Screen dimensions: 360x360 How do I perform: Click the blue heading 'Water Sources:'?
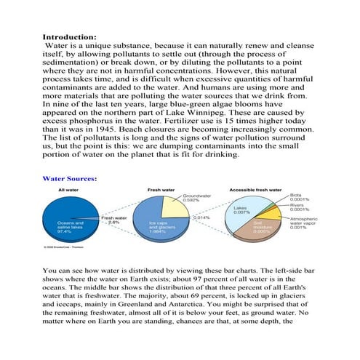click(x=71, y=177)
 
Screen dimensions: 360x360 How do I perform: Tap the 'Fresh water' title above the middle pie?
click(x=161, y=191)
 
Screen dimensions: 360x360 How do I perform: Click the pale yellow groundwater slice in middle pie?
click(x=175, y=208)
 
